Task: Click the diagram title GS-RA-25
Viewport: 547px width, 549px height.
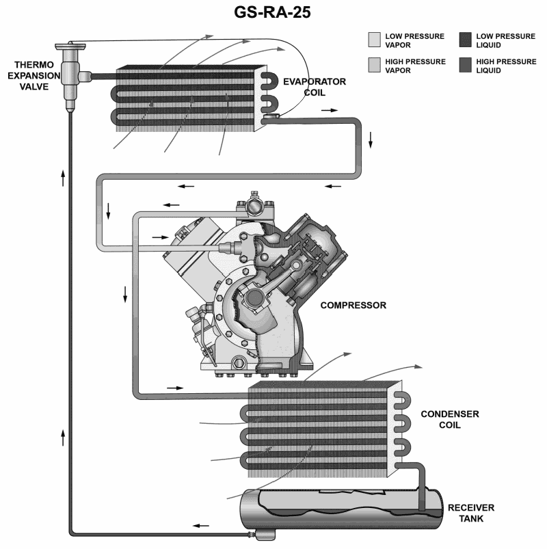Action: [x=273, y=13]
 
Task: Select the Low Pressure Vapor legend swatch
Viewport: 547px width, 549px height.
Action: [x=375, y=39]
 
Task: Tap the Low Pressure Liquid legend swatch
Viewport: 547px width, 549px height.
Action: [x=466, y=39]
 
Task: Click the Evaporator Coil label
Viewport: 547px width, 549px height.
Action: [x=315, y=87]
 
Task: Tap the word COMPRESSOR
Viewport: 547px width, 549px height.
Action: [x=353, y=305]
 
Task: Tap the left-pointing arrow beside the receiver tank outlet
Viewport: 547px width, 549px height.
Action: [x=200, y=525]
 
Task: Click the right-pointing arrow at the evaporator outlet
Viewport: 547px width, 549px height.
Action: [x=329, y=109]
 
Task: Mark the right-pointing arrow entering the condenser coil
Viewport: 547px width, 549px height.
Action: [x=176, y=388]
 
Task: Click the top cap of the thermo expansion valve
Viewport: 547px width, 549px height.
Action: [x=70, y=46]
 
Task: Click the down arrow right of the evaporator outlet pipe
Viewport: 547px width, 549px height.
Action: [x=371, y=139]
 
